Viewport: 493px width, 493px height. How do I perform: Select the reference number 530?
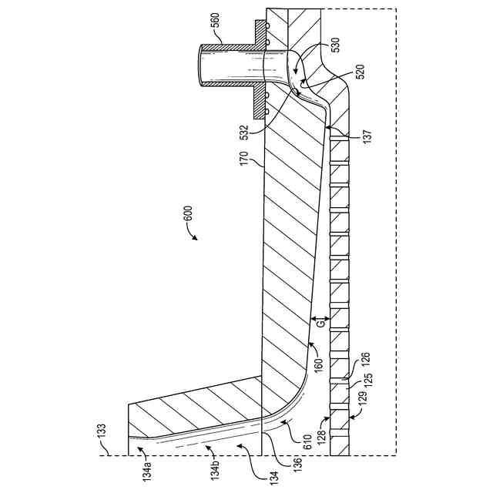334,48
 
